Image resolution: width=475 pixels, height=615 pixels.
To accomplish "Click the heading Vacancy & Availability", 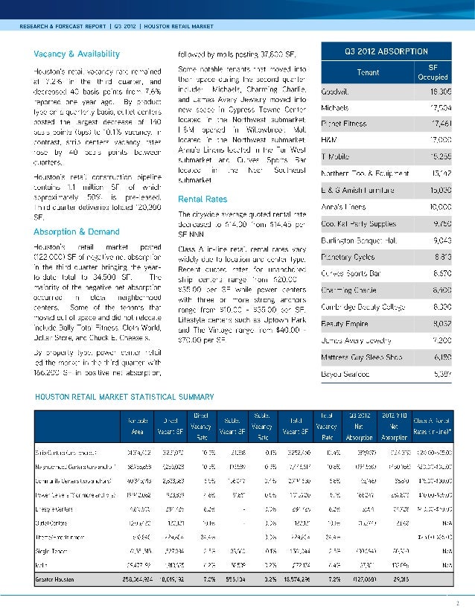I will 76,54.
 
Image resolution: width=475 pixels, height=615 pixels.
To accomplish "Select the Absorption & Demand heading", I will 76,231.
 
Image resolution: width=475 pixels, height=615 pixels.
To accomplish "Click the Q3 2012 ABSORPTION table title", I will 386,51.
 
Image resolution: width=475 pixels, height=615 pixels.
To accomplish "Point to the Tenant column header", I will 368,71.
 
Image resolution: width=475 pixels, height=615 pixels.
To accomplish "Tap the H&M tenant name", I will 328,139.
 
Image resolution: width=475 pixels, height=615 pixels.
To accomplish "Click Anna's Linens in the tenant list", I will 339,205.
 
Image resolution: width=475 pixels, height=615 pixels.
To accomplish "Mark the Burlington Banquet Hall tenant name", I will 354,239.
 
